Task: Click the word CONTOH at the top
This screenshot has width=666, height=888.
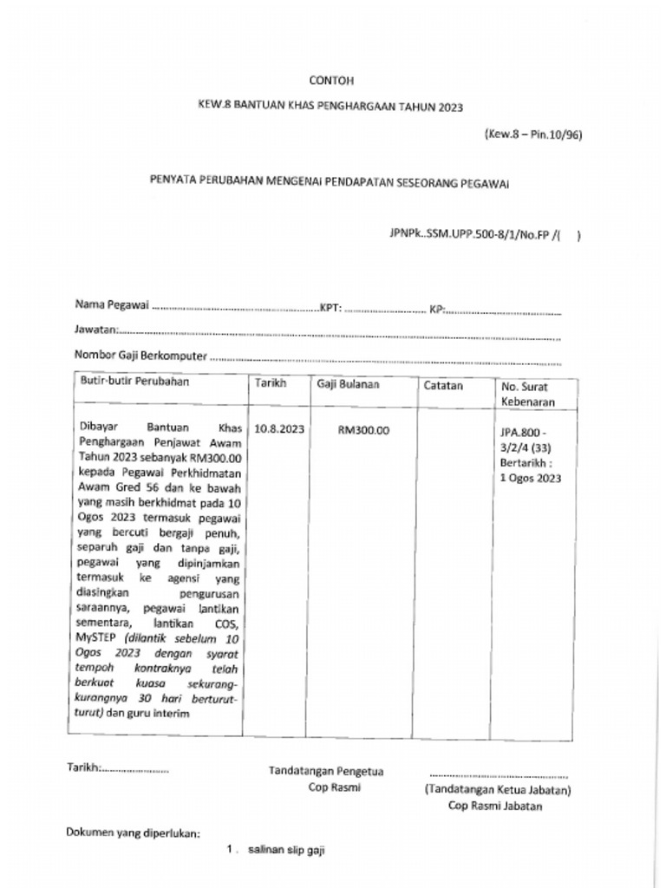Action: coord(331,81)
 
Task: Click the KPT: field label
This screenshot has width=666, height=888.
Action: coord(332,307)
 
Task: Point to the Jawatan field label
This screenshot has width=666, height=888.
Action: coord(95,330)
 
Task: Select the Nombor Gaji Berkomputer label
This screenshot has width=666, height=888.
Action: coord(141,354)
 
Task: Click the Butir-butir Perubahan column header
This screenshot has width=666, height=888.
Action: coord(134,381)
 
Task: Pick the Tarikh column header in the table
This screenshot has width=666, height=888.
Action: coord(271,383)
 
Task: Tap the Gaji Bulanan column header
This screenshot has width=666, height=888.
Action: coord(347,384)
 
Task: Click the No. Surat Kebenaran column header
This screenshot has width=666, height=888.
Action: coord(525,395)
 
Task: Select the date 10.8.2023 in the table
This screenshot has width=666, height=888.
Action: coord(279,429)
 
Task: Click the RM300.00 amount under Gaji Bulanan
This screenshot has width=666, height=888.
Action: coord(363,430)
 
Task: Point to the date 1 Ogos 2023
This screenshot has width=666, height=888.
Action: coord(530,478)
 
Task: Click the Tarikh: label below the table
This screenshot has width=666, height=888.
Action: coord(85,767)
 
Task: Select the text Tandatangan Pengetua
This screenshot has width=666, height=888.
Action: coord(326,771)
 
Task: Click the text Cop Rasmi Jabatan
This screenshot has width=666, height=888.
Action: coord(495,806)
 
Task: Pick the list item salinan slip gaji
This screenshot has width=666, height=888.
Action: coord(285,851)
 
